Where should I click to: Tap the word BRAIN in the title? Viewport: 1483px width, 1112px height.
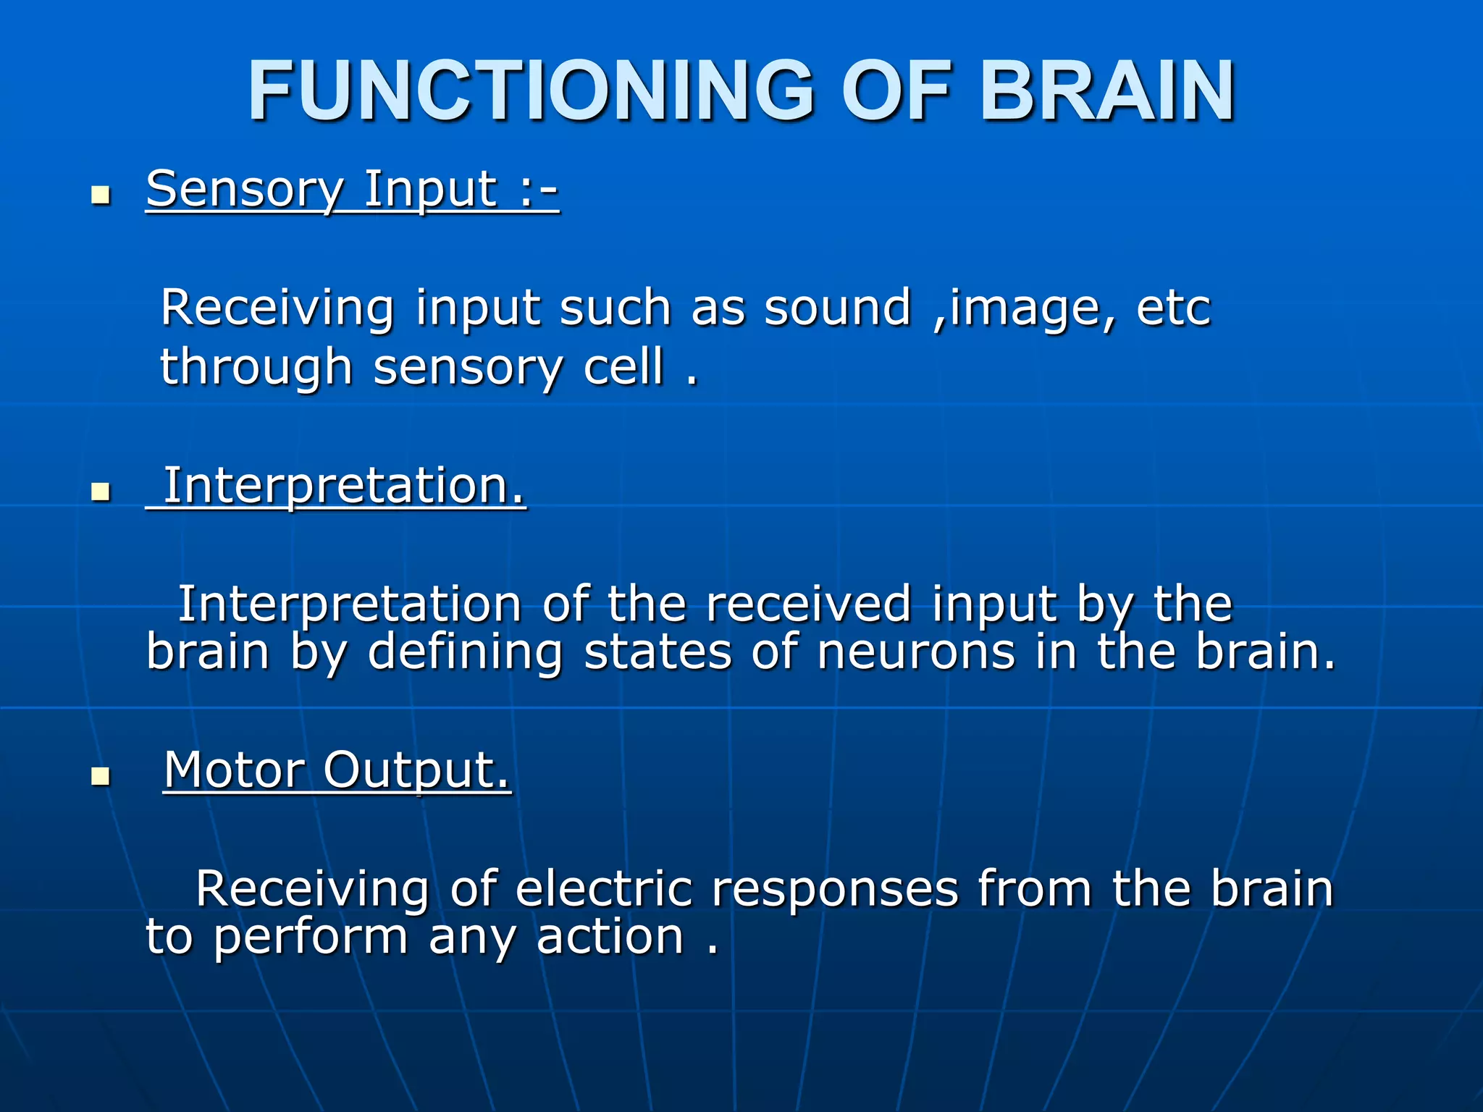coord(1107,91)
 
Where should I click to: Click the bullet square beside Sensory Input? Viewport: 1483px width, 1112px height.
coord(101,195)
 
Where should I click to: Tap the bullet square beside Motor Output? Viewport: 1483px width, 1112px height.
coord(101,777)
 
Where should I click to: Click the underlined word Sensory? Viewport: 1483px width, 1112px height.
coord(244,190)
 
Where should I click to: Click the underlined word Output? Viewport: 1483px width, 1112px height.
coord(416,771)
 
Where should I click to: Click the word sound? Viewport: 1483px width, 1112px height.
coord(838,308)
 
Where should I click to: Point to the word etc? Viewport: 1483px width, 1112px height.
coord(1173,308)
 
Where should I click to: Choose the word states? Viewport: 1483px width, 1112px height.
coord(658,652)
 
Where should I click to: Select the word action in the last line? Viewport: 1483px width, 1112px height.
coord(610,937)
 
